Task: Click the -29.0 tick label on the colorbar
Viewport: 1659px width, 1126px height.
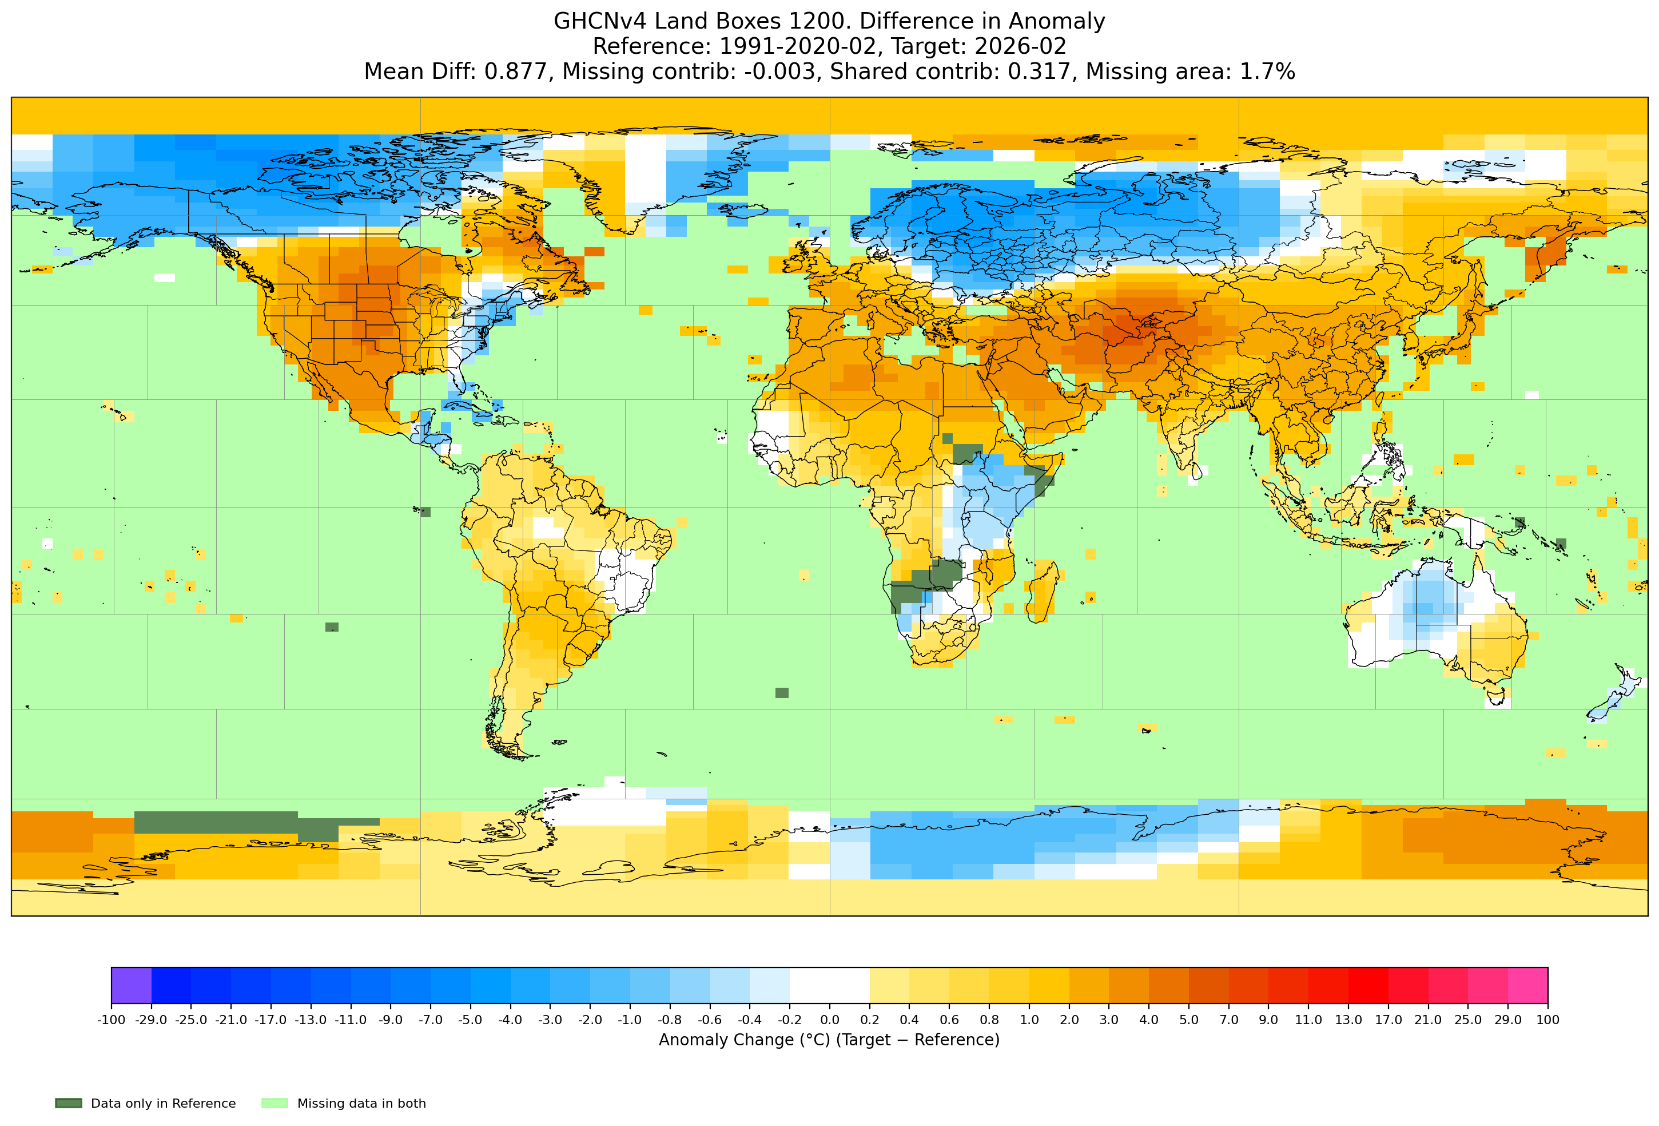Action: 152,1020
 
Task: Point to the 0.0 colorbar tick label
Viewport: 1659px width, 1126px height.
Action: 829,1020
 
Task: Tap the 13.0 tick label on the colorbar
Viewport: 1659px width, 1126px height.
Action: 1348,1020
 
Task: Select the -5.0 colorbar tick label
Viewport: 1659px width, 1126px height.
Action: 471,1020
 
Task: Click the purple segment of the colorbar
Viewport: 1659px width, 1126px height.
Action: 132,985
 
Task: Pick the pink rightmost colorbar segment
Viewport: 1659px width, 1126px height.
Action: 1527,985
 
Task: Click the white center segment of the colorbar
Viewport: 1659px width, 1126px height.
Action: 829,985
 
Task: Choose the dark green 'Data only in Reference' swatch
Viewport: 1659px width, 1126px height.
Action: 69,1103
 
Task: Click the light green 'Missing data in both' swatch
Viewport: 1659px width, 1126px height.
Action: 275,1103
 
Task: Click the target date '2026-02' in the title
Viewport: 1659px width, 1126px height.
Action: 1020,46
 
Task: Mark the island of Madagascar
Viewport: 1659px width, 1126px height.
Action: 1043,590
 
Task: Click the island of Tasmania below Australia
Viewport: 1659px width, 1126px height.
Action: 1498,693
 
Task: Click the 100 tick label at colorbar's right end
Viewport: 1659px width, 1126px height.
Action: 1547,1020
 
